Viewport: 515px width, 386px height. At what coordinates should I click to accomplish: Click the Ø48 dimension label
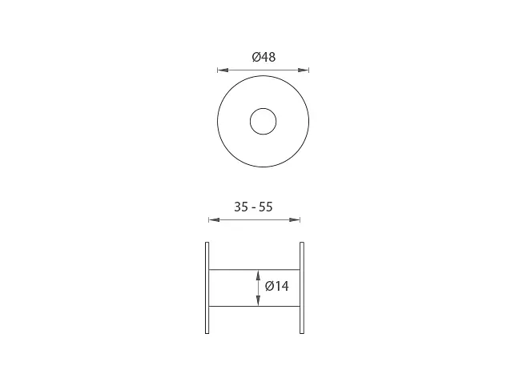pos(264,57)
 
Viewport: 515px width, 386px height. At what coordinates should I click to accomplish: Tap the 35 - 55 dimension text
pos(253,207)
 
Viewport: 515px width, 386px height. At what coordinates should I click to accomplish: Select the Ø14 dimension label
pos(277,286)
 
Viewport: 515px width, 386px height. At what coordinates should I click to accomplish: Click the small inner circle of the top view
pos(263,108)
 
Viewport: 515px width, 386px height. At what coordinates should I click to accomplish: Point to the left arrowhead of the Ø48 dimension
pos(223,70)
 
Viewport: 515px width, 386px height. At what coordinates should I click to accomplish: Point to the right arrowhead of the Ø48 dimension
pos(304,70)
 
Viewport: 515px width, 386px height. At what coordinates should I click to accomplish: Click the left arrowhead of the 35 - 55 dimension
pos(214,219)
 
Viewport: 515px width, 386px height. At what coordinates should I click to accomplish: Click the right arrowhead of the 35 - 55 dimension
pos(294,219)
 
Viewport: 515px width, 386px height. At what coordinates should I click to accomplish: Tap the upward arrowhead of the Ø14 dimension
pos(258,275)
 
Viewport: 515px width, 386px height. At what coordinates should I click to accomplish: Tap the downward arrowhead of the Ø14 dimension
pos(258,300)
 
